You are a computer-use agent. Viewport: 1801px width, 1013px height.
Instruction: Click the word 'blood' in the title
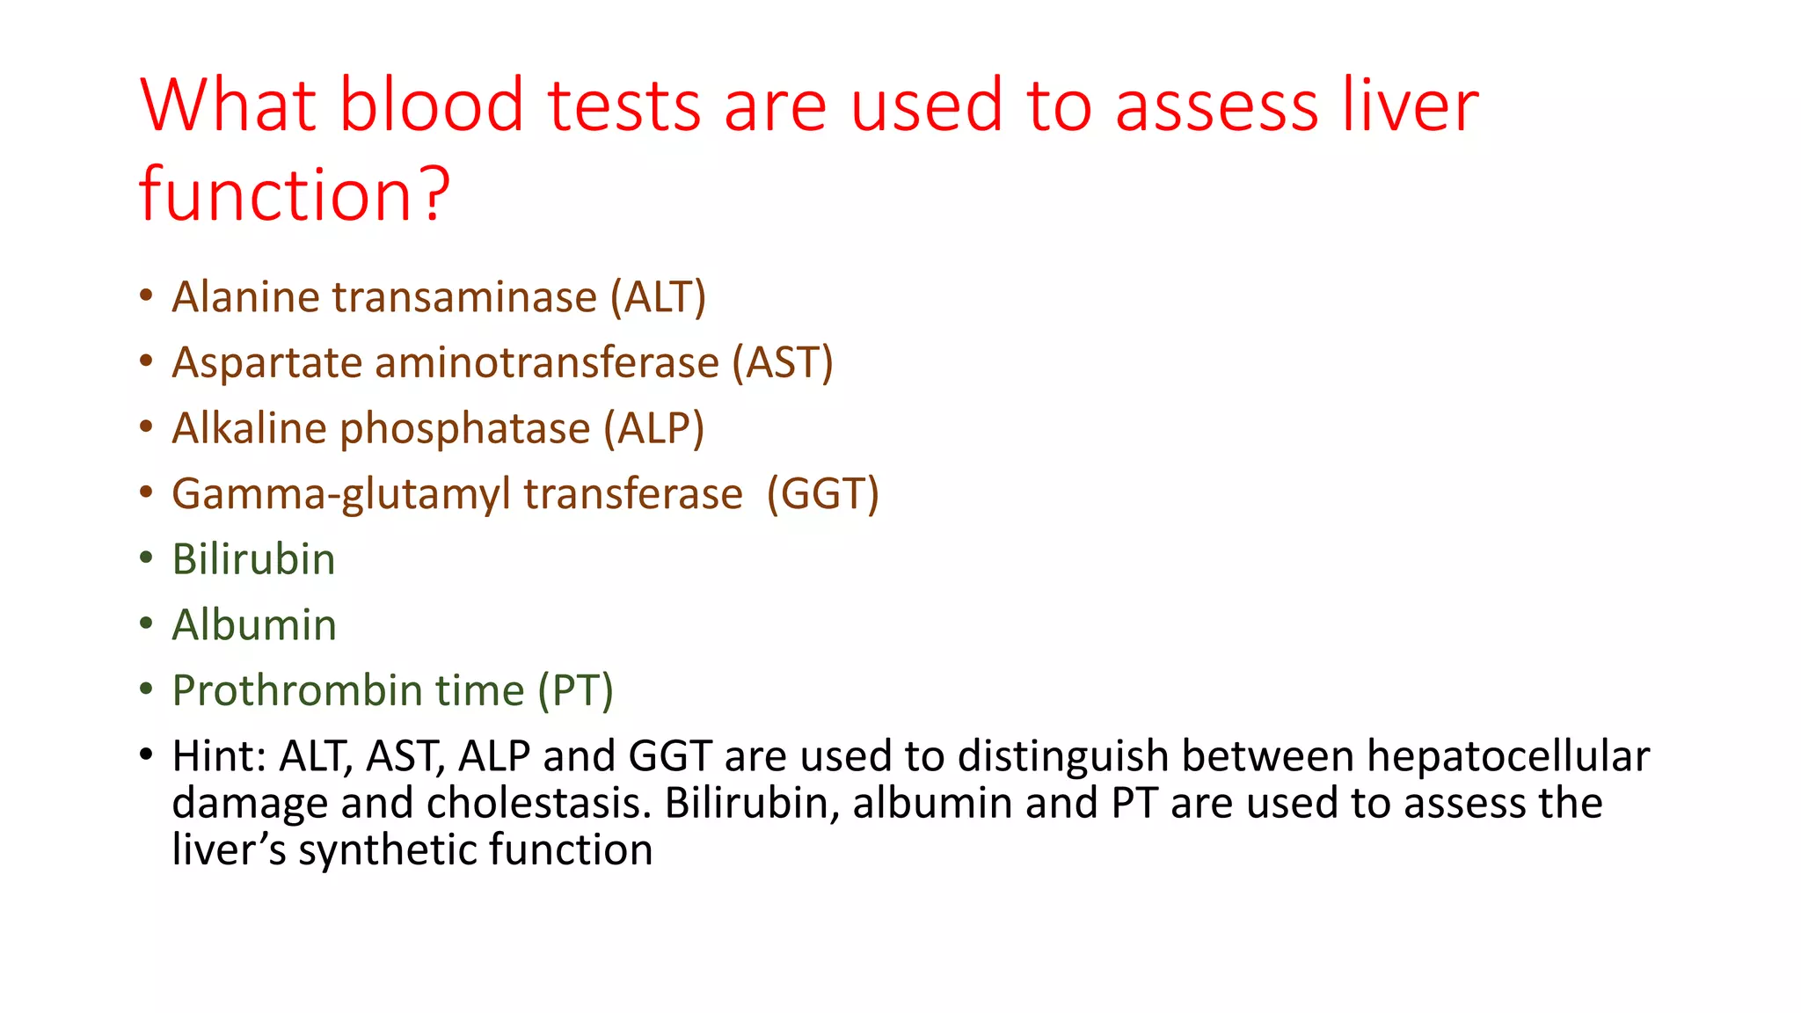tap(431, 106)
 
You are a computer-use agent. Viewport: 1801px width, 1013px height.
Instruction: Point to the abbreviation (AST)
tap(783, 363)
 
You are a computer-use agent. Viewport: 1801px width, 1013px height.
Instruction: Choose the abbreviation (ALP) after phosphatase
tap(653, 429)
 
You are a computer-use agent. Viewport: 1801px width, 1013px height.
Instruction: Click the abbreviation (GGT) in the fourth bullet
tap(822, 494)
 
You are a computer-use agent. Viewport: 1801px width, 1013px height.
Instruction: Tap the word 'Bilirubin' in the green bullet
tap(253, 560)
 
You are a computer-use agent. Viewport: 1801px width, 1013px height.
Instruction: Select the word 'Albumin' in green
tap(254, 625)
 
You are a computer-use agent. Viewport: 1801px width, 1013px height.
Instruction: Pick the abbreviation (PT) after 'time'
tap(575, 691)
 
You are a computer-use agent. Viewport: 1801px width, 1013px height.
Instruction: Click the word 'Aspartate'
tap(266, 363)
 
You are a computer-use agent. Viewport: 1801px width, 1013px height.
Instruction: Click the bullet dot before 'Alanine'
tap(146, 295)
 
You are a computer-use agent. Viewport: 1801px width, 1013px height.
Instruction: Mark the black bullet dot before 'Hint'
tap(146, 754)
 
